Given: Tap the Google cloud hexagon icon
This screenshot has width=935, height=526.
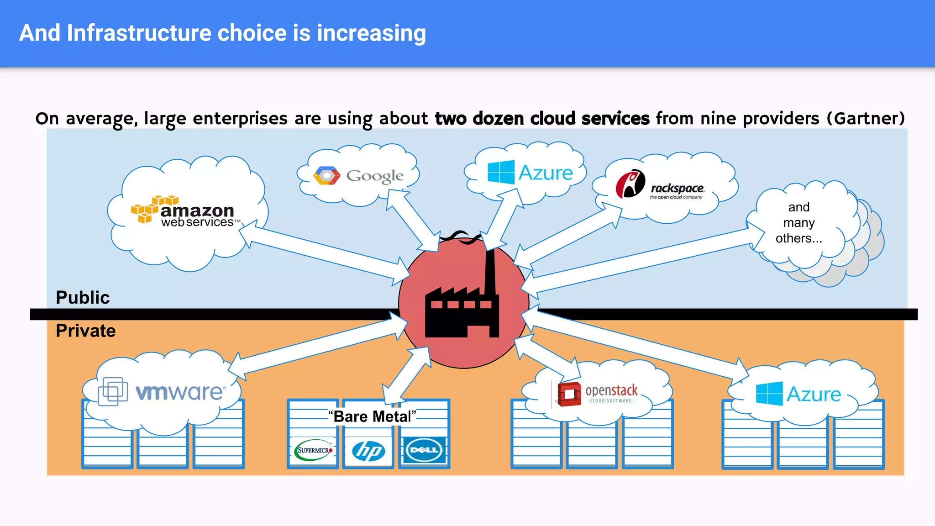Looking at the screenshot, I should click(327, 176).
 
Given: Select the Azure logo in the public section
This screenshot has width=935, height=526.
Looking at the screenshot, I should click(530, 173).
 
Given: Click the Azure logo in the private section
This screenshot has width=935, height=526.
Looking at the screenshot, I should click(798, 394).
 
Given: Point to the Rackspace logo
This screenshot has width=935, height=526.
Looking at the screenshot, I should click(660, 185).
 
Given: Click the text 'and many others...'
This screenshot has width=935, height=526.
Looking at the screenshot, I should click(798, 223).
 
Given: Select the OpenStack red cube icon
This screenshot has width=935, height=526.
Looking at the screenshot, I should click(569, 394).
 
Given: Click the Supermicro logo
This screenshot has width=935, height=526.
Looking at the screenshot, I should click(314, 450).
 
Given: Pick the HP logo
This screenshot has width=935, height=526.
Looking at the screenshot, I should click(368, 451).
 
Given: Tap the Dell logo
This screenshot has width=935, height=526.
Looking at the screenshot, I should click(424, 450).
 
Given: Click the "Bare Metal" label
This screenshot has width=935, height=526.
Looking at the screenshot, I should click(372, 416).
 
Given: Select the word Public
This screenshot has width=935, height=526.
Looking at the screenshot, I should click(83, 298).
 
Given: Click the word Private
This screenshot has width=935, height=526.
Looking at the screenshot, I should click(86, 331).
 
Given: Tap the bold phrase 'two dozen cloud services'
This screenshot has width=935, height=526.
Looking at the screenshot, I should click(542, 118).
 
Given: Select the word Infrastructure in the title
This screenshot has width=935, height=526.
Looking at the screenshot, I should click(138, 33).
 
